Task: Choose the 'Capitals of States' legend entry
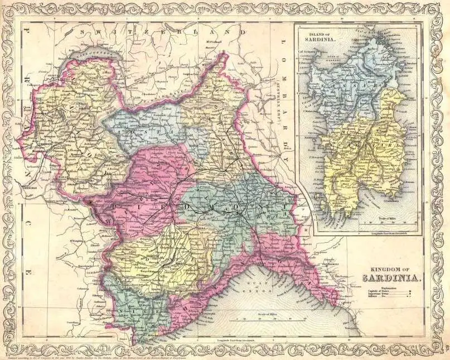click(x=379, y=291)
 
